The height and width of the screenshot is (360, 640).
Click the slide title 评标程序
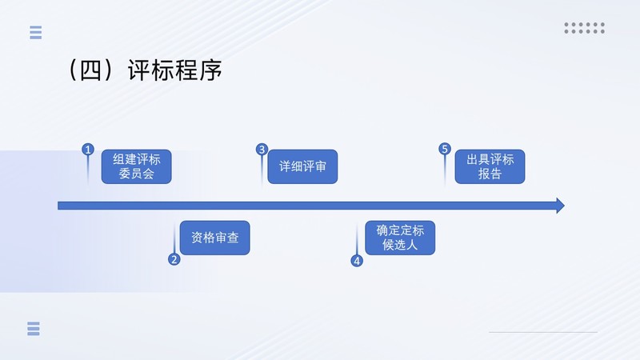coord(144,71)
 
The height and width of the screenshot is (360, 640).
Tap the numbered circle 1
coord(88,150)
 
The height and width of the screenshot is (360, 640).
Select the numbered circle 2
coord(174,259)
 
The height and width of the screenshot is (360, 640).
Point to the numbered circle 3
coord(262,150)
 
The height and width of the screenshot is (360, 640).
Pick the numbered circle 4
coord(357,260)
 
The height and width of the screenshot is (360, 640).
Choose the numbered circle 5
coord(445,150)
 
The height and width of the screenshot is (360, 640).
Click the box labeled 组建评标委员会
coord(137,167)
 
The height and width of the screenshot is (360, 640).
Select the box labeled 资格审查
coord(215,238)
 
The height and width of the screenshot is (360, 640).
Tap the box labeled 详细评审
coord(302,167)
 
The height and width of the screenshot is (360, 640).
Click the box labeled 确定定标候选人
coord(400,238)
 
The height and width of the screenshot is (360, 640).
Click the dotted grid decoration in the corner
coord(584,28)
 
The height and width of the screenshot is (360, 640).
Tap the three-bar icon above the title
coord(35,33)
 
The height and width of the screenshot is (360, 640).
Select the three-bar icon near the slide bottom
coord(34,328)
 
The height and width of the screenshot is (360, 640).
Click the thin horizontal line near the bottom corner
coord(542,332)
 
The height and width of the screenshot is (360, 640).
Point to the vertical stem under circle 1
coord(88,170)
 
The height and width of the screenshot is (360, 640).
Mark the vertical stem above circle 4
coord(357,238)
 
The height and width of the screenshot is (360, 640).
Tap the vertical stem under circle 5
coord(445,170)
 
